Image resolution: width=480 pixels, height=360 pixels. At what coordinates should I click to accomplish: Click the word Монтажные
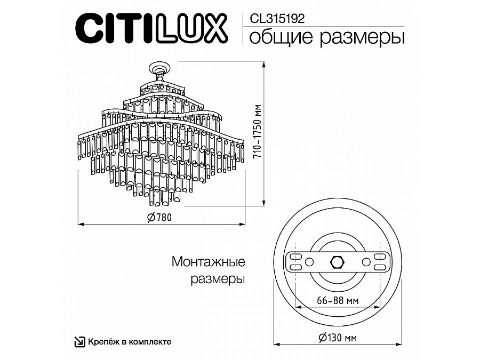[209, 262]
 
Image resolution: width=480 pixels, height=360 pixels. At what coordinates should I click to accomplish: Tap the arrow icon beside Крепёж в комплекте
[78, 341]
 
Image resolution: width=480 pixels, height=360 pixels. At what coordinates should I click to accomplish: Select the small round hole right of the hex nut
[365, 262]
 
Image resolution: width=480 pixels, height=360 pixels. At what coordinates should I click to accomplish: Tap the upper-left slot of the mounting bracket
[295, 257]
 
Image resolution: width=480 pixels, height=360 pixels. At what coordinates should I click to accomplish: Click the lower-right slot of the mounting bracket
[379, 267]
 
